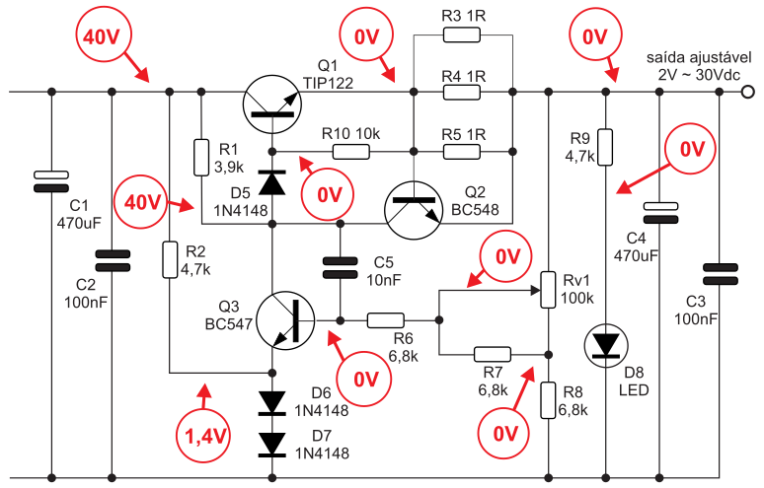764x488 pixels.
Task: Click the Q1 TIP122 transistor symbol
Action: [x=271, y=105]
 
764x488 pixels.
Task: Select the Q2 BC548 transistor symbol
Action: [x=414, y=210]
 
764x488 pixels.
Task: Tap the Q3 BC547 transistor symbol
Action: [x=285, y=320]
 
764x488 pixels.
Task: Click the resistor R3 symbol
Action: [x=461, y=35]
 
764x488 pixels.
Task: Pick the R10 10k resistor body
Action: [x=350, y=152]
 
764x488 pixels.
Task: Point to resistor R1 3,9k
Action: [x=201, y=158]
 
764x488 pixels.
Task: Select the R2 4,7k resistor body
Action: [x=170, y=260]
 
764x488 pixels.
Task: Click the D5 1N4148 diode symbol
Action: [x=271, y=182]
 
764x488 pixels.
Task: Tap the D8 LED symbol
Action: [x=606, y=345]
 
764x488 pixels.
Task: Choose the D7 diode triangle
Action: [x=271, y=445]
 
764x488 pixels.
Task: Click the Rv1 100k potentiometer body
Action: [x=548, y=290]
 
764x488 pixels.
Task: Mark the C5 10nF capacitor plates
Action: [x=341, y=268]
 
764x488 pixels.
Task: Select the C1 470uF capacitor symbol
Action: [x=51, y=181]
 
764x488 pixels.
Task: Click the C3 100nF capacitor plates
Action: [x=721, y=274]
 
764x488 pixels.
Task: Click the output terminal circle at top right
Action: [x=747, y=92]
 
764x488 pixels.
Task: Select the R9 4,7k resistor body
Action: [x=606, y=147]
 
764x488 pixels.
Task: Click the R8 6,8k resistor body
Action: [x=548, y=400]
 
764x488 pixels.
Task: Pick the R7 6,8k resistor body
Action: [x=493, y=354]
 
